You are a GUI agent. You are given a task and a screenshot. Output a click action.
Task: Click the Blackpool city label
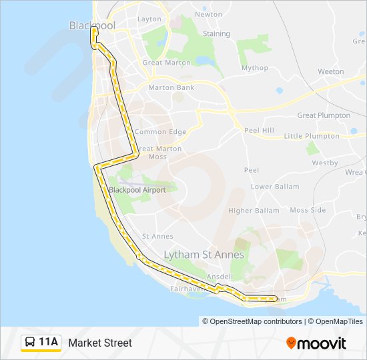[x=92, y=25]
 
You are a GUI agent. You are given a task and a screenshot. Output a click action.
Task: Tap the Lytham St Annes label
[x=204, y=255]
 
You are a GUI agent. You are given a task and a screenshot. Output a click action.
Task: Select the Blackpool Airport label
[x=137, y=189]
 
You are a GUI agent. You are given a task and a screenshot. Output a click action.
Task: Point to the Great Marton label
[x=166, y=63]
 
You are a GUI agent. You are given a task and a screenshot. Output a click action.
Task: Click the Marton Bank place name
[x=171, y=87]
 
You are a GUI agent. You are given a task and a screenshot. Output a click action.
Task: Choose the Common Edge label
[x=160, y=132]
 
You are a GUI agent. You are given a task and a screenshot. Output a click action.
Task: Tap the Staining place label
[x=216, y=33]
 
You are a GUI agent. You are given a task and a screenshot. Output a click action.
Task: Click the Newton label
[x=209, y=14]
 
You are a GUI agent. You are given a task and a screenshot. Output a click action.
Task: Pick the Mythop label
[x=255, y=67]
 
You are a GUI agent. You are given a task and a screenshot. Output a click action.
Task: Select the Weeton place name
[x=331, y=71]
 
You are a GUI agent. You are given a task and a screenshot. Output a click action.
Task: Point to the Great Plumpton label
[x=324, y=115]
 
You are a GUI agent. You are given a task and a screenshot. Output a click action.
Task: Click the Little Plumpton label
[x=312, y=136]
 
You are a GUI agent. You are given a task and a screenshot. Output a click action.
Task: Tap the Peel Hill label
[x=259, y=130]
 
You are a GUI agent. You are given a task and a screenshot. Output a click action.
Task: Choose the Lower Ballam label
[x=275, y=187]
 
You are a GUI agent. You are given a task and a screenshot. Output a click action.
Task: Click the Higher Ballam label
[x=254, y=211]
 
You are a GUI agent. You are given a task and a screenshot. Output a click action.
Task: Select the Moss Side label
[x=308, y=210]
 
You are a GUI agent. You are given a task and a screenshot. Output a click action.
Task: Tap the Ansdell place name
[x=220, y=276]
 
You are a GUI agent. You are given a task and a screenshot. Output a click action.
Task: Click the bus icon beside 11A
[x=30, y=343]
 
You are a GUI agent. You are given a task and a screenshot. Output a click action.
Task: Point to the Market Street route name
[x=100, y=343]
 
